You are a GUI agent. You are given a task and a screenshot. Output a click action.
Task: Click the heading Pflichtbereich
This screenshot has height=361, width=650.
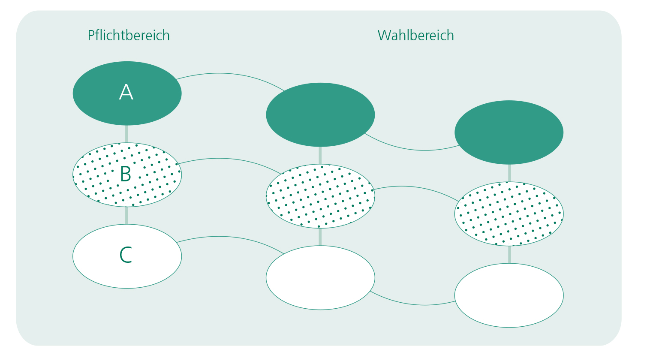(x=129, y=36)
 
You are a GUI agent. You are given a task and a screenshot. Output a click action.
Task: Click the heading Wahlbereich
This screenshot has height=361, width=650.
(x=416, y=36)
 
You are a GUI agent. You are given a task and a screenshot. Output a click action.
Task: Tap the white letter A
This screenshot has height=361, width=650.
(x=126, y=92)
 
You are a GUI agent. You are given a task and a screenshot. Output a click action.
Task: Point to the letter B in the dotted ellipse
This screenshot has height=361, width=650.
(x=126, y=174)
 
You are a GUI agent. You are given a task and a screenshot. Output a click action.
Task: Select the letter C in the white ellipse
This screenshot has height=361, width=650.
(x=126, y=255)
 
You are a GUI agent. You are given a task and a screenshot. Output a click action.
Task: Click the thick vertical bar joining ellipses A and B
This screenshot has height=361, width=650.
(x=126, y=134)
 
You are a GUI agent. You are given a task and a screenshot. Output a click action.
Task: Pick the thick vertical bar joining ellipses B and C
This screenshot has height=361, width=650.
(x=126, y=215)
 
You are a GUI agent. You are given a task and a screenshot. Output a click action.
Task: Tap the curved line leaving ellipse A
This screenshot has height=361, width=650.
(x=229, y=74)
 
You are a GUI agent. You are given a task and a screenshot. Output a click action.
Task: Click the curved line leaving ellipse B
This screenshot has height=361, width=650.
(x=229, y=159)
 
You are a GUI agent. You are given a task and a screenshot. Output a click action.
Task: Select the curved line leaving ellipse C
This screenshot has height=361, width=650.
(x=229, y=237)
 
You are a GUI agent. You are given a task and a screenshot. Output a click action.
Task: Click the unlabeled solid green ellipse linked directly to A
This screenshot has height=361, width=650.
(x=320, y=115)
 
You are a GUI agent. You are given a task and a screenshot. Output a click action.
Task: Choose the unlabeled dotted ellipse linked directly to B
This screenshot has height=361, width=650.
(x=320, y=196)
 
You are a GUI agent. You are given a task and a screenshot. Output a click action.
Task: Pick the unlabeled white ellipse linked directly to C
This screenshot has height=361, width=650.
(x=320, y=278)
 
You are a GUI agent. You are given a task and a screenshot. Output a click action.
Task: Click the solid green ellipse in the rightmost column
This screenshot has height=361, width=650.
(x=509, y=132)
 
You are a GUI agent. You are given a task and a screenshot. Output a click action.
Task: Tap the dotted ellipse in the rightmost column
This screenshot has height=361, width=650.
(x=509, y=214)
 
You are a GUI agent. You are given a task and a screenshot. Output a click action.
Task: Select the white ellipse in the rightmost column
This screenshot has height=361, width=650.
(x=509, y=295)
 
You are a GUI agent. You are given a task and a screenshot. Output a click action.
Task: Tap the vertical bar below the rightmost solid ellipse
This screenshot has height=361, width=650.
(x=509, y=173)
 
